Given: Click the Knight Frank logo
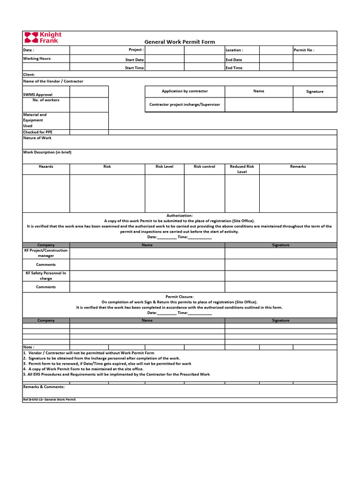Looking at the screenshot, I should point(43,37).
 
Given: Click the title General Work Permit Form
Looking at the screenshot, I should point(180,42).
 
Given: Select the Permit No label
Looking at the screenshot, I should point(304,50).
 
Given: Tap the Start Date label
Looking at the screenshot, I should point(135,60).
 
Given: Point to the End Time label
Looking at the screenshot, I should point(234,68).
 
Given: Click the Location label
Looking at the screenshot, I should point(234,50).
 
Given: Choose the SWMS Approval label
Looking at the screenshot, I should point(38,95).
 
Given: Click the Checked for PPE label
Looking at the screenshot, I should point(38,132).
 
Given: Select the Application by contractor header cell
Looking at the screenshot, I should point(185,91).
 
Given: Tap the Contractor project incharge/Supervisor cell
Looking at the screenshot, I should point(185,105).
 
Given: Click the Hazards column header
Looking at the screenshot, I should point(46,166).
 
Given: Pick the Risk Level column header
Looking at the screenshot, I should point(165,166).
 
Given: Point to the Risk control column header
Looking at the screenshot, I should point(204,166).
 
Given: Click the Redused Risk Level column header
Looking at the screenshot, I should point(242,169).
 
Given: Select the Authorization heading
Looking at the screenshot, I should point(180,215).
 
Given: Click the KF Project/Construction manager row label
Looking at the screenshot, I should point(46,253).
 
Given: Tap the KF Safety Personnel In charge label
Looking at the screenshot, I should point(46,276).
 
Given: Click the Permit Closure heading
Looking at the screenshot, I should point(180,297).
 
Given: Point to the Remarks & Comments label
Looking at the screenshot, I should point(44,387).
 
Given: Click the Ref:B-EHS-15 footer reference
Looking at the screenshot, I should point(49,399).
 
